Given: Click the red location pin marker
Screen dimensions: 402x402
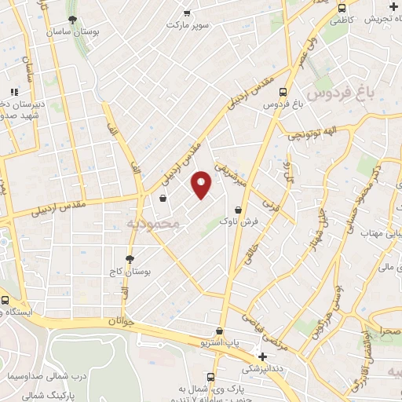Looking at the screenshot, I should pos(202,185).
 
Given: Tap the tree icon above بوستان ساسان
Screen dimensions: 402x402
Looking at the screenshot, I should pos(72,20).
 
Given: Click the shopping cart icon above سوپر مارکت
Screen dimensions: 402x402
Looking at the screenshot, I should pos(187,13).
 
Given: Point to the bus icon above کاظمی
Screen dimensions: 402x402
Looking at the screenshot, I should pos(341,8).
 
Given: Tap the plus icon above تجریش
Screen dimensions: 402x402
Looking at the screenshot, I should pos(393,7).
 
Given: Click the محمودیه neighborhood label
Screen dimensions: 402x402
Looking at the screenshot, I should pos(153,224).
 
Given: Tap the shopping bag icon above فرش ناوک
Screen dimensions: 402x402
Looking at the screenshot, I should pos(238,209).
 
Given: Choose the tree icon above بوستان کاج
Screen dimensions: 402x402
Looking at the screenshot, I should pos(130,259).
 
